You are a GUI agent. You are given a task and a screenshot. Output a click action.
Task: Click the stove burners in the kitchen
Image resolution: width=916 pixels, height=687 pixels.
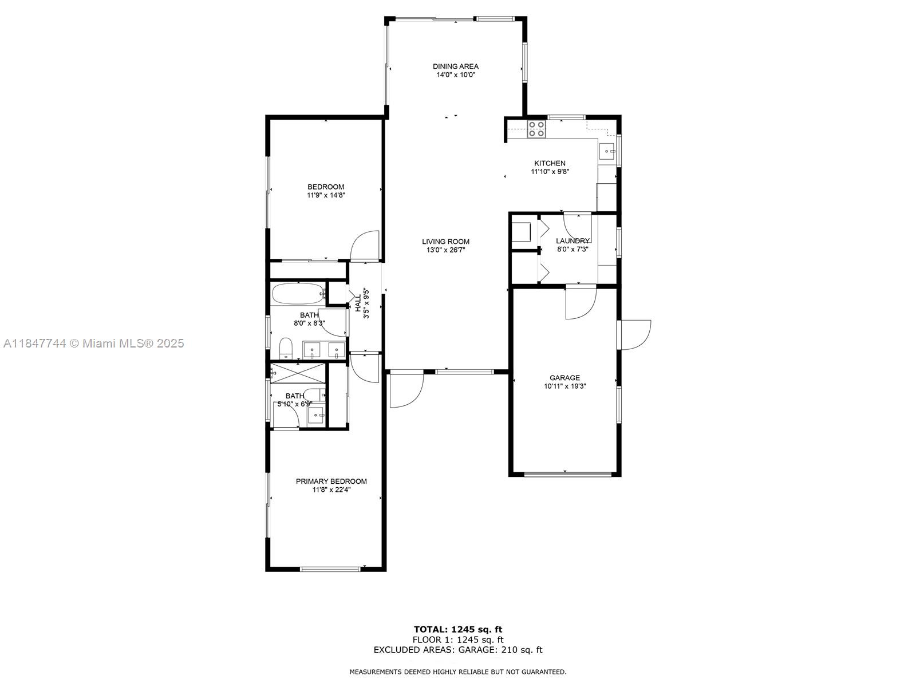[536, 129]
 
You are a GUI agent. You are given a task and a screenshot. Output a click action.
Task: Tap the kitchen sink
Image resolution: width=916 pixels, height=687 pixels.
[607, 152]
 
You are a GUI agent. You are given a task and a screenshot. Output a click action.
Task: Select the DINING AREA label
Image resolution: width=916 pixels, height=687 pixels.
[455, 66]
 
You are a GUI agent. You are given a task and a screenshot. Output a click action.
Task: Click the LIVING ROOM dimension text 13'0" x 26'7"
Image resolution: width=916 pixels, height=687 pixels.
[446, 250]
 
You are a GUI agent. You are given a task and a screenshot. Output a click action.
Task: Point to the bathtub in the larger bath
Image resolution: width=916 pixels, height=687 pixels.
[298, 294]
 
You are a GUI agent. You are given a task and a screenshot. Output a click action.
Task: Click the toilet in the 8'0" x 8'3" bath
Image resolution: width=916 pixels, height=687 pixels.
[286, 348]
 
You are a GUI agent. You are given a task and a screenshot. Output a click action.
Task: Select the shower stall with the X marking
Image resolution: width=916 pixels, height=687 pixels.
[298, 373]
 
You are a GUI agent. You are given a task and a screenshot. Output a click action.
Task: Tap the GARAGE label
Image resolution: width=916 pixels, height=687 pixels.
[564, 378]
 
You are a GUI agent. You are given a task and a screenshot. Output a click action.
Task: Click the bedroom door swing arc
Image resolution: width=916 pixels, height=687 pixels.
[365, 245]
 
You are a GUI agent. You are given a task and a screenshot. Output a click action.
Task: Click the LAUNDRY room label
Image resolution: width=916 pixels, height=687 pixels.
[572, 241]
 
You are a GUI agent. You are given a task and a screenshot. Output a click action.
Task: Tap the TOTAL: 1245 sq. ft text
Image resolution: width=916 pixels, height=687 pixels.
[458, 630]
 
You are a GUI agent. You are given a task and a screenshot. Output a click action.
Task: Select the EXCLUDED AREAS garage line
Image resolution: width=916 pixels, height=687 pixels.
[458, 650]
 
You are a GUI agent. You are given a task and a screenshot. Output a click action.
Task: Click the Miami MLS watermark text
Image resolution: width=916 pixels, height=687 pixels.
[94, 343]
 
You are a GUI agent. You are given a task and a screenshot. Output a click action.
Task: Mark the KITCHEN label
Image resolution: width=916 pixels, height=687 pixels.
[550, 163]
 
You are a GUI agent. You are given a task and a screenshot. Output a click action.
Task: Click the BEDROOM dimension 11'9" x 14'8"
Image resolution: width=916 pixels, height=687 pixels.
[326, 195]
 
